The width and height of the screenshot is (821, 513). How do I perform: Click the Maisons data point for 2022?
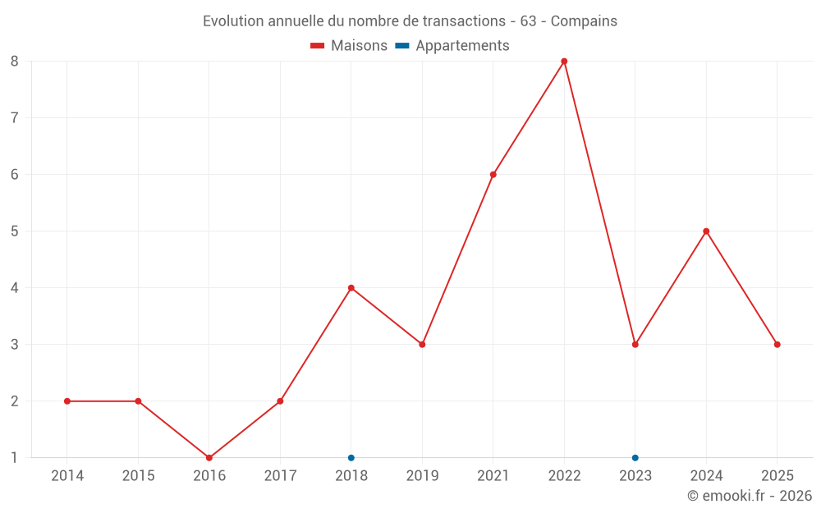(x=564, y=62)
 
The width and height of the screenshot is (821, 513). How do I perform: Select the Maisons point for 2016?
(x=209, y=457)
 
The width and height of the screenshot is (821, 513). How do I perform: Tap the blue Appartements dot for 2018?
(x=351, y=457)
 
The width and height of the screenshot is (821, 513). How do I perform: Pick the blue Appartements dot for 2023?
(x=635, y=457)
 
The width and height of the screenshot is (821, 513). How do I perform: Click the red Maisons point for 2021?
(x=493, y=175)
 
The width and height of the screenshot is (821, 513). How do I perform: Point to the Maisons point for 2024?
(x=706, y=231)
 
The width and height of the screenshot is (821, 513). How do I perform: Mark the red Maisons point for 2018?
(x=351, y=288)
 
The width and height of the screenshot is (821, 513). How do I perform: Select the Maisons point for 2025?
(x=777, y=345)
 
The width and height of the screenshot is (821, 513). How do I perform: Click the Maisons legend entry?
(x=349, y=46)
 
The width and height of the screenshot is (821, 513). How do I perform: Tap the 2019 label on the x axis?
(x=422, y=476)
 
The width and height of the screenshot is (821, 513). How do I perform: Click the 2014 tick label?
(x=67, y=476)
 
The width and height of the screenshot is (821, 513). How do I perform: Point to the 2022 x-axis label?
(x=564, y=476)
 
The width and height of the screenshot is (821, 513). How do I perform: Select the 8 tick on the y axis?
(x=15, y=62)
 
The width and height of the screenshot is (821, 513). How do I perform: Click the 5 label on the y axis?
(x=15, y=231)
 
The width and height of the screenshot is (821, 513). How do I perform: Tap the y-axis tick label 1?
(x=15, y=457)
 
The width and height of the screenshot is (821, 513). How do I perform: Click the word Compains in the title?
(x=584, y=21)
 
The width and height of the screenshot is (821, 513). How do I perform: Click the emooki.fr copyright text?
(x=750, y=496)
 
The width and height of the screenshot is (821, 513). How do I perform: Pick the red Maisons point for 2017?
(x=280, y=401)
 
